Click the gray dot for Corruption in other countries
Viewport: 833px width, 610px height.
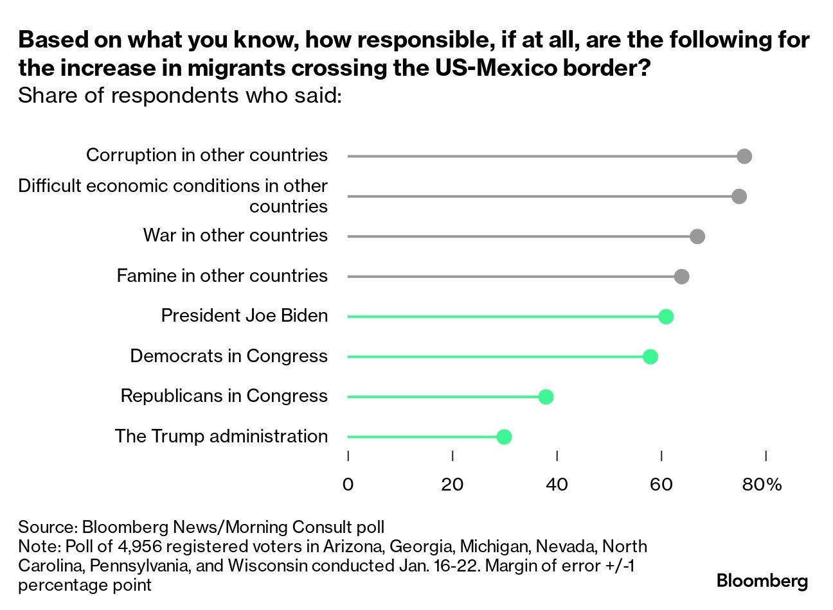coord(744,156)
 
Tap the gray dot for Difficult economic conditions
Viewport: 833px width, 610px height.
coord(739,196)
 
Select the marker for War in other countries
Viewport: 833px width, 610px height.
coord(697,236)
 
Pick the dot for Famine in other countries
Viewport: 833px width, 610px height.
coord(682,277)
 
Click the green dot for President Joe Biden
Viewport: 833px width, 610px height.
coord(666,317)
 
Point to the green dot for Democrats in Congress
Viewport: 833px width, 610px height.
coord(650,357)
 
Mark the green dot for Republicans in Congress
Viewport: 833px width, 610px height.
coord(546,397)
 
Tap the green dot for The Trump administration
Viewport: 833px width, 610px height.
coord(504,437)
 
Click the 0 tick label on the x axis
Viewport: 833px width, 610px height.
coord(348,484)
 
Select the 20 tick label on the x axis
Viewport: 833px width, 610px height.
coord(452,484)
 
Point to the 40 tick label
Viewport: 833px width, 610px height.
coord(557,484)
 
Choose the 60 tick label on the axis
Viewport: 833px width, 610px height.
coord(661,484)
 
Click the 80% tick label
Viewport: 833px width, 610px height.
coord(762,484)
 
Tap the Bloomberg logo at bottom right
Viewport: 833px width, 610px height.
coord(762,581)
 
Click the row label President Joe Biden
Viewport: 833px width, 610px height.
coord(244,316)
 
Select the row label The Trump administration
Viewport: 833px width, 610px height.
coord(221,436)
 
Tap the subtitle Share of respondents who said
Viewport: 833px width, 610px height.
coord(179,95)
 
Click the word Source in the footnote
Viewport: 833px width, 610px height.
coord(47,527)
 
